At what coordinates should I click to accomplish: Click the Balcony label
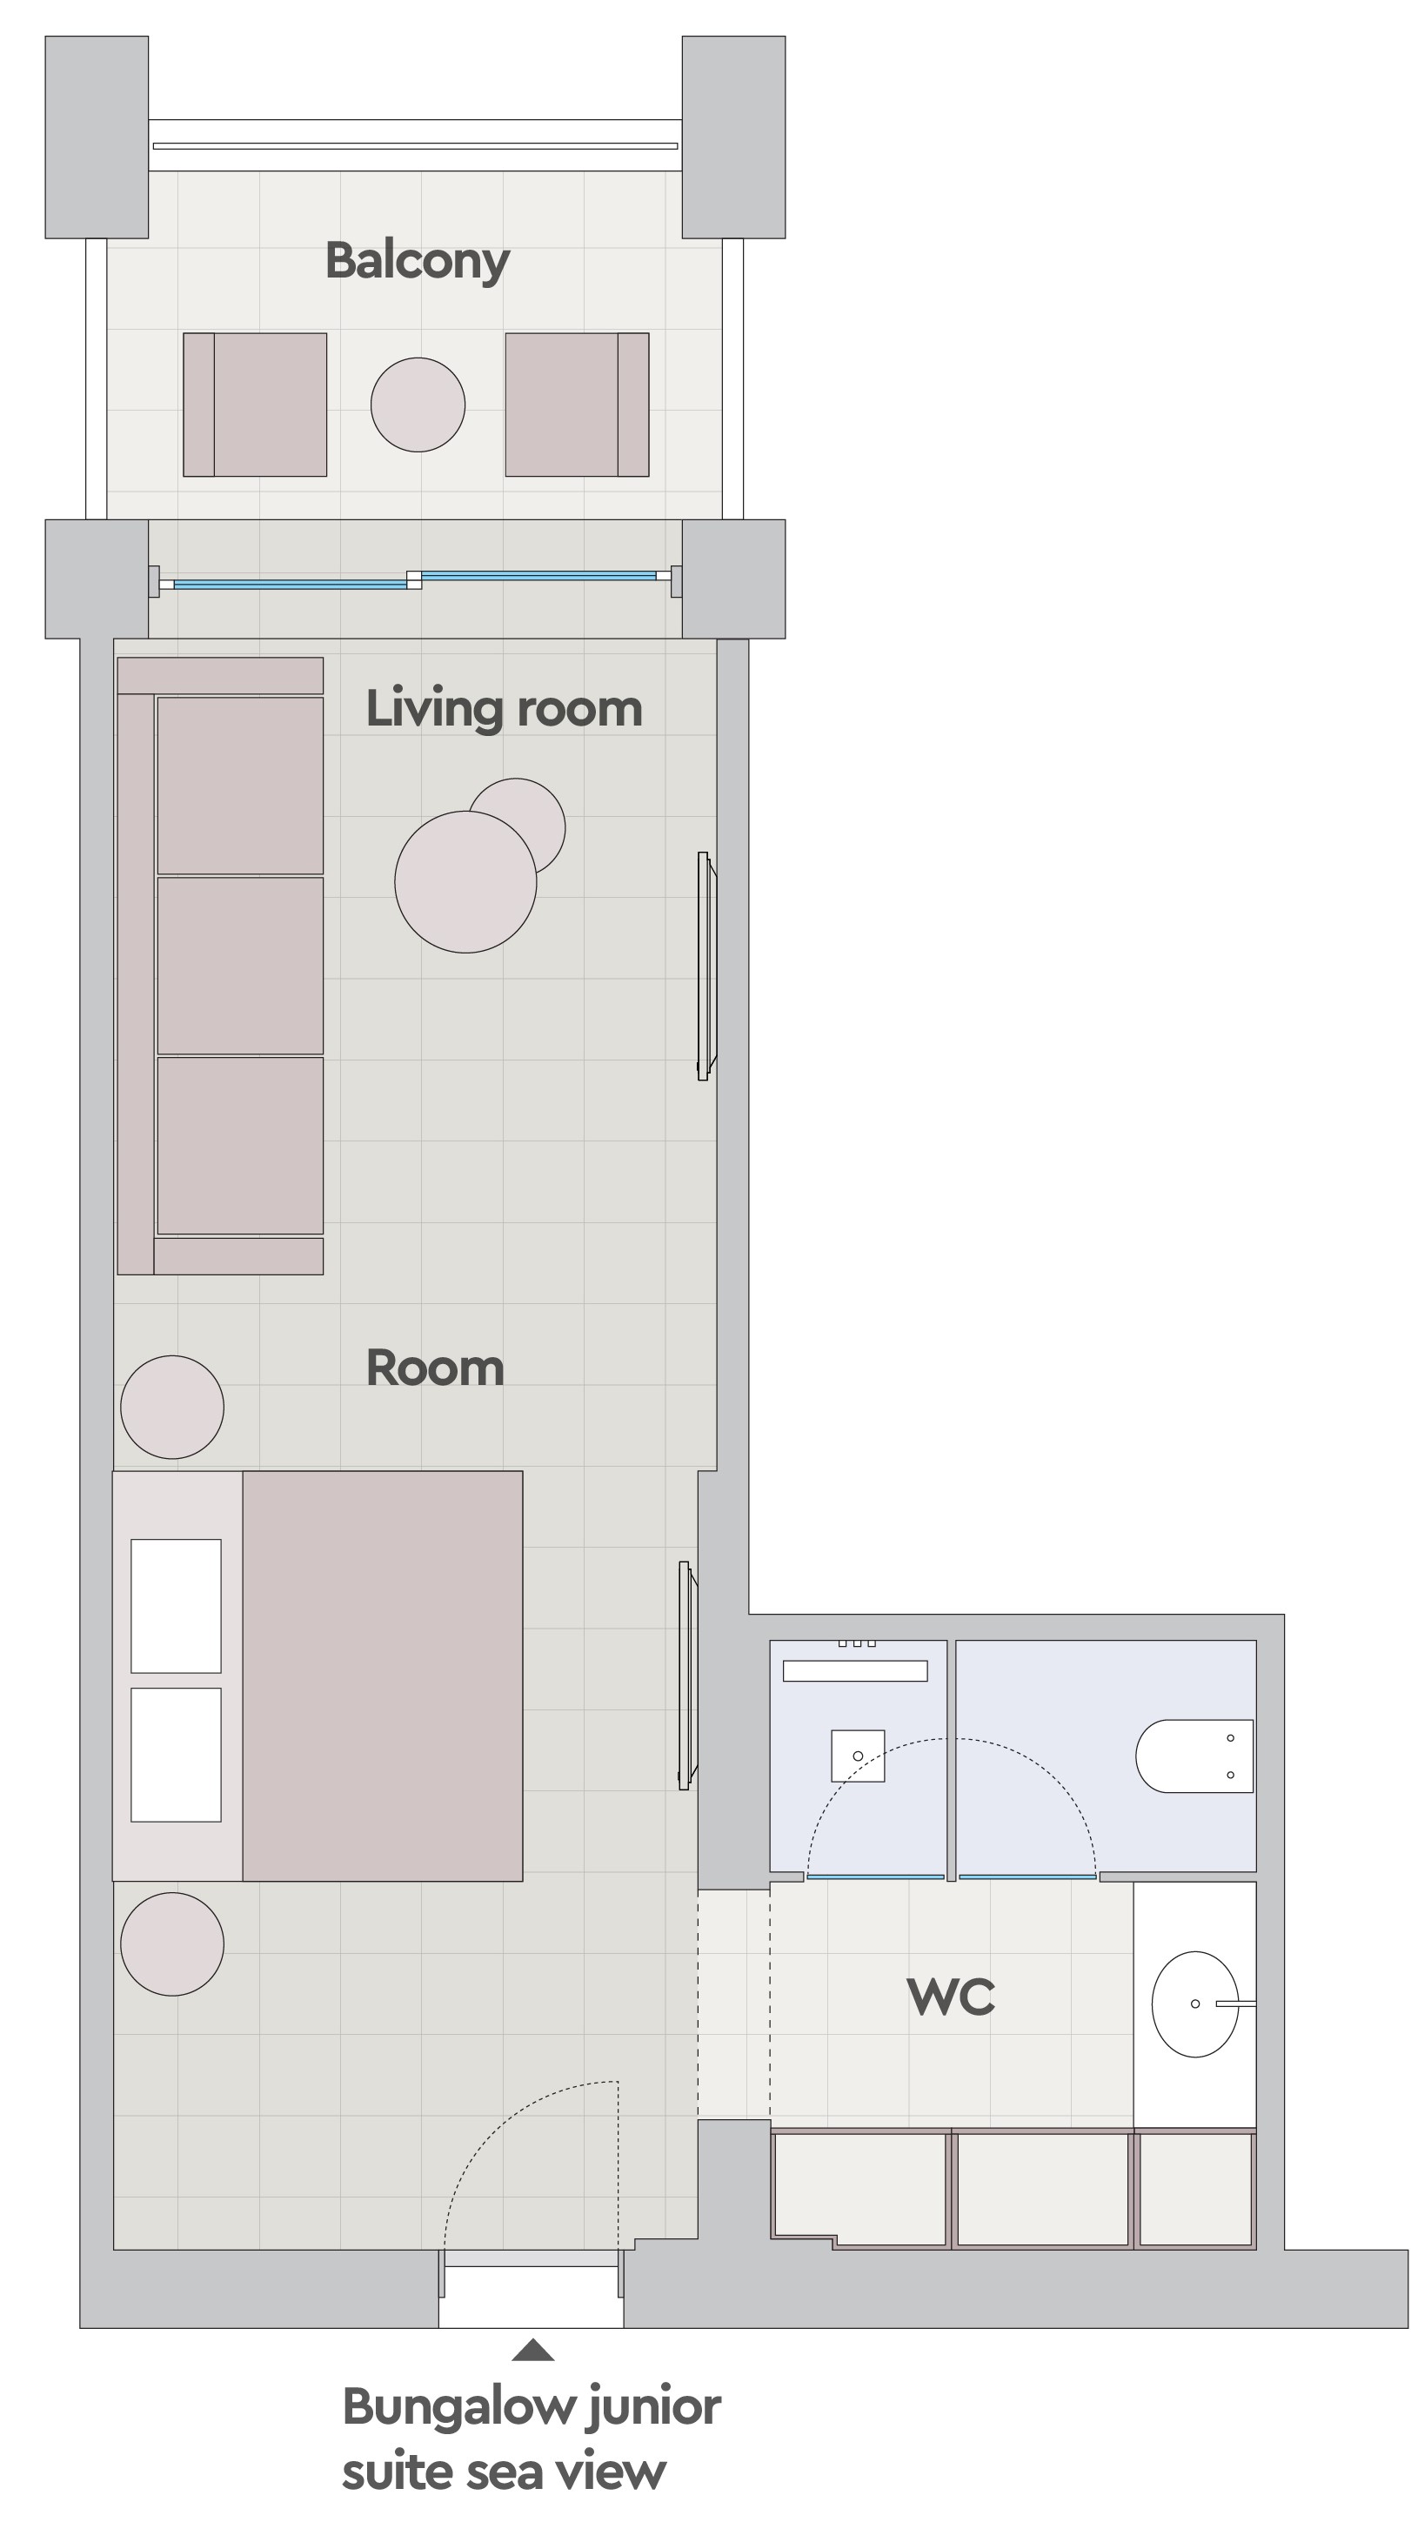pyautogui.click(x=418, y=261)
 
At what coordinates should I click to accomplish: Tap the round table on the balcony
pyautogui.click(x=418, y=405)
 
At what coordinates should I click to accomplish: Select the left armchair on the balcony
pyautogui.click(x=255, y=405)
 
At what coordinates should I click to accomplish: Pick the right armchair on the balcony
pyautogui.click(x=577, y=405)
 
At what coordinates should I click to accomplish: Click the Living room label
pyautogui.click(x=505, y=709)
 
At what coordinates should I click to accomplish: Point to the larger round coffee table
pyautogui.click(x=466, y=881)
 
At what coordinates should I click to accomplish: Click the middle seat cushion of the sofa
pyautogui.click(x=240, y=966)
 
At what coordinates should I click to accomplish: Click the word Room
pyautogui.click(x=435, y=1368)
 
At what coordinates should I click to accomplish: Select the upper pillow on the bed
pyautogui.click(x=177, y=1606)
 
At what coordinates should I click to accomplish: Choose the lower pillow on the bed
pyautogui.click(x=177, y=1755)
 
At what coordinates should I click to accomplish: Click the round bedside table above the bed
pyautogui.click(x=172, y=1407)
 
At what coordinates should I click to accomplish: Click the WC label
pyautogui.click(x=951, y=1997)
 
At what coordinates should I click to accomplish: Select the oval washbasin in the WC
pyautogui.click(x=1195, y=2004)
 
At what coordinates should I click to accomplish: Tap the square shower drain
pyautogui.click(x=858, y=1756)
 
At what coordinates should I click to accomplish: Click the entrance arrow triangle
pyautogui.click(x=532, y=2351)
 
